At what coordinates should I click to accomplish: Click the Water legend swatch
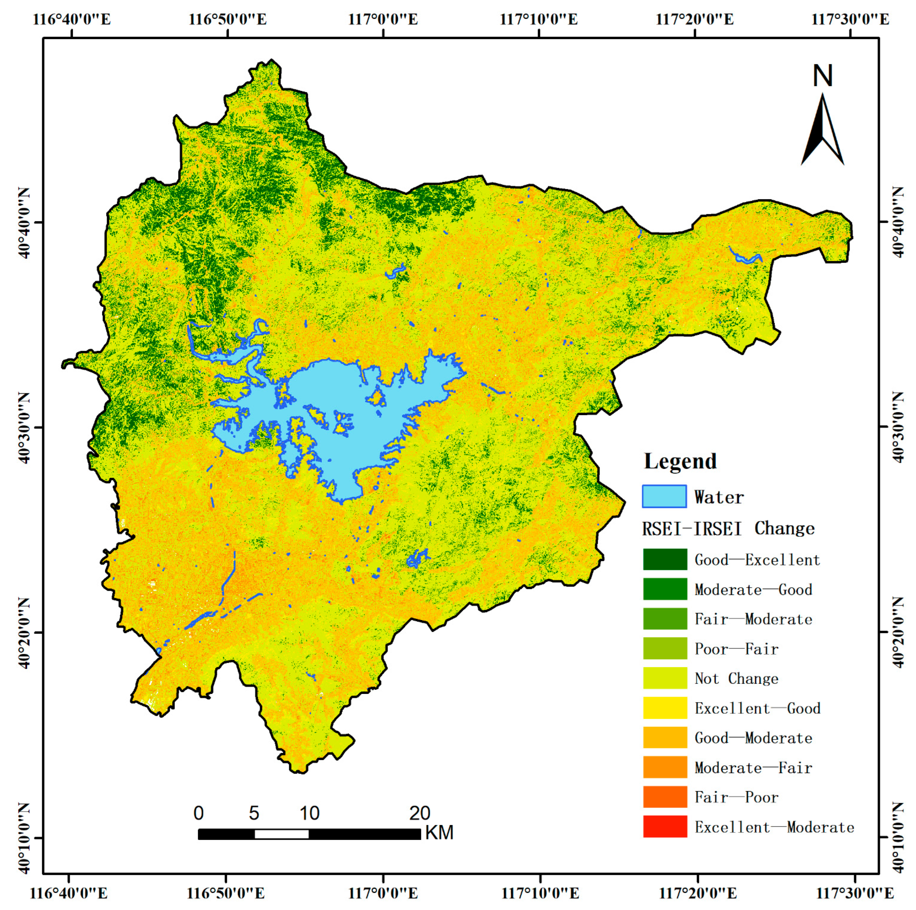664,497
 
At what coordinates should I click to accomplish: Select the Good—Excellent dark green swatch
665,560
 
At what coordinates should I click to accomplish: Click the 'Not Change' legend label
736,679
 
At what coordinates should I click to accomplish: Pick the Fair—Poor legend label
736,797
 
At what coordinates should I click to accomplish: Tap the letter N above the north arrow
823,76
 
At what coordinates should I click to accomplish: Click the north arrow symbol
823,130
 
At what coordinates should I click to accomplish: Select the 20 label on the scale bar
420,813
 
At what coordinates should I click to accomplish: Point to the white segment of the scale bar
282,834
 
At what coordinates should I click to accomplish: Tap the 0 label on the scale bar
199,813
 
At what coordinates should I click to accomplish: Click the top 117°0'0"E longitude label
383,19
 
